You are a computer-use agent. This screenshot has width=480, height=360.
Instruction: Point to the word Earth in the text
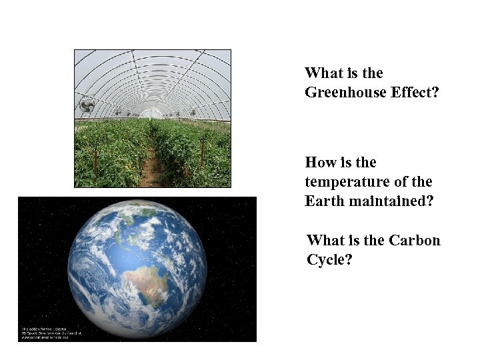324,201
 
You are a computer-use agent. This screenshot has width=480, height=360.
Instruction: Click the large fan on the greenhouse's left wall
87,105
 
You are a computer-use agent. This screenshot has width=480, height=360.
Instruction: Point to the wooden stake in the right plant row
202,153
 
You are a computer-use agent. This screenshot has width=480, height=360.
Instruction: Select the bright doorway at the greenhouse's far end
153,113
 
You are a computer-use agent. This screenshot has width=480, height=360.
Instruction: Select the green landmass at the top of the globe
143,213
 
